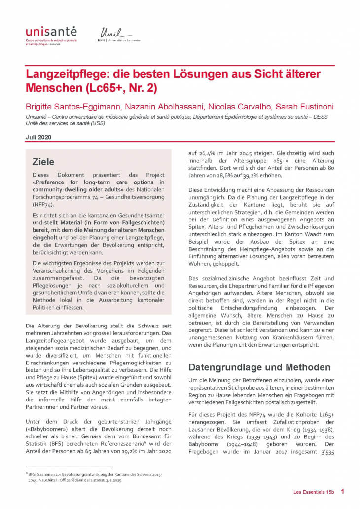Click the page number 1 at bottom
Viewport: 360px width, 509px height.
click(342, 492)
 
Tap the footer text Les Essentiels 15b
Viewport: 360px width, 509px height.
click(311, 492)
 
